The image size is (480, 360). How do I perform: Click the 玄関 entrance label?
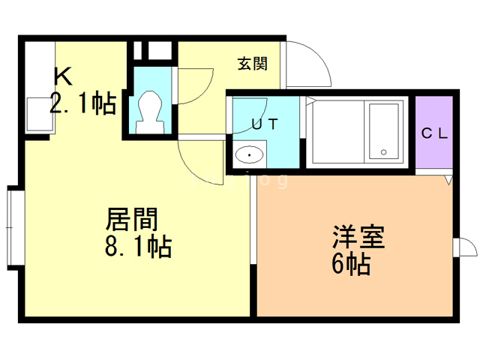253,64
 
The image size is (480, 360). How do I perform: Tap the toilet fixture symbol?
149,112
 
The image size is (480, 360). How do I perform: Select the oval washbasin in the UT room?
250,154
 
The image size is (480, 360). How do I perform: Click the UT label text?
265,124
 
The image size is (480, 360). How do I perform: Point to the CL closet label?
434,133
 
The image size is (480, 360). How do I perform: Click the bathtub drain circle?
383,151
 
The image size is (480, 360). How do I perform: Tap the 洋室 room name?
358,237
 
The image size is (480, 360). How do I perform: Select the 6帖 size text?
351,264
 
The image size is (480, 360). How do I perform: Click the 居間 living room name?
132,218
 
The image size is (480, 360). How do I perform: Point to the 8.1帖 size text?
138,247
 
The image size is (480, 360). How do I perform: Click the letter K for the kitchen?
63,76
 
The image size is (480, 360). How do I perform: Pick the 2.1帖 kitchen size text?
83,103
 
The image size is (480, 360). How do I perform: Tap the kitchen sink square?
40,114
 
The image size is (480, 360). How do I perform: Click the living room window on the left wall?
12,228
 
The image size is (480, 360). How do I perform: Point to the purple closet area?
433,132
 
